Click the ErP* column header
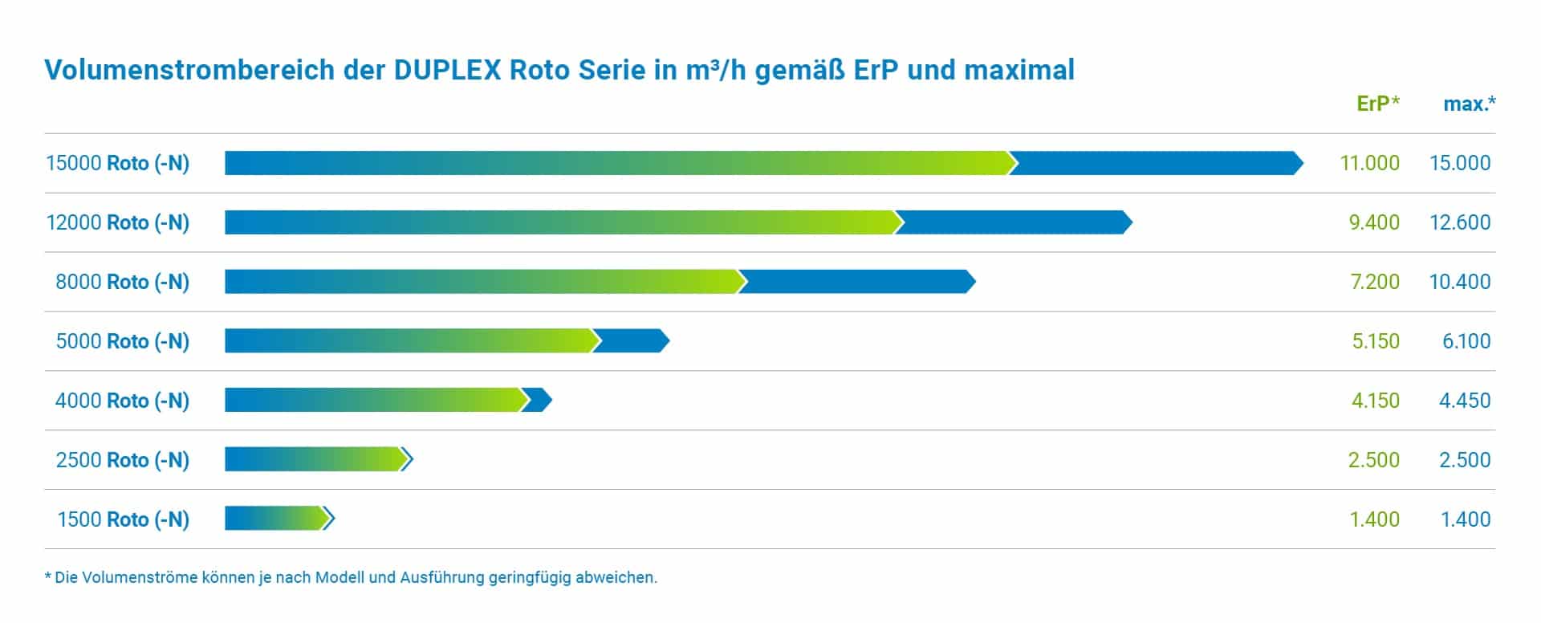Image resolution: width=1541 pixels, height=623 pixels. point(1378,104)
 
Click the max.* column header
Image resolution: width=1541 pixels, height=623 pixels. point(1470,104)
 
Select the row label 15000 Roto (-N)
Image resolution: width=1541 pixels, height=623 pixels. point(117,163)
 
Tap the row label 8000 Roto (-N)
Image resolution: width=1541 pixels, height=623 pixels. point(122,282)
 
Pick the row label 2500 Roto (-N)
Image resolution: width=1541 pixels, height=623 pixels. point(122,460)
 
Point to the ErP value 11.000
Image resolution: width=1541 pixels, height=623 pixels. point(1370,163)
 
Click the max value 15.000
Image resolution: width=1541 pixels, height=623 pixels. point(1460,163)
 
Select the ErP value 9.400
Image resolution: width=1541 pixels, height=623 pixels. point(1375,222)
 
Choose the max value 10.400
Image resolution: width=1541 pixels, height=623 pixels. point(1460,282)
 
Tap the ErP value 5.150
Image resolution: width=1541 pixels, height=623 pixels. point(1376,341)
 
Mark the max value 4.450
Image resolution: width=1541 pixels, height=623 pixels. point(1465,401)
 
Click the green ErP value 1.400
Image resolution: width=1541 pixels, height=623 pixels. point(1375,519)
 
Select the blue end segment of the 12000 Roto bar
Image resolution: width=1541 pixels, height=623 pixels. point(1014,222)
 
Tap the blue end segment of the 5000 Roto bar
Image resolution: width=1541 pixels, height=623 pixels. point(632,341)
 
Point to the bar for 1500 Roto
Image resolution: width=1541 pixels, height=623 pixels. point(279,519)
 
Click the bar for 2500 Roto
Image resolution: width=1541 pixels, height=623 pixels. point(319,460)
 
